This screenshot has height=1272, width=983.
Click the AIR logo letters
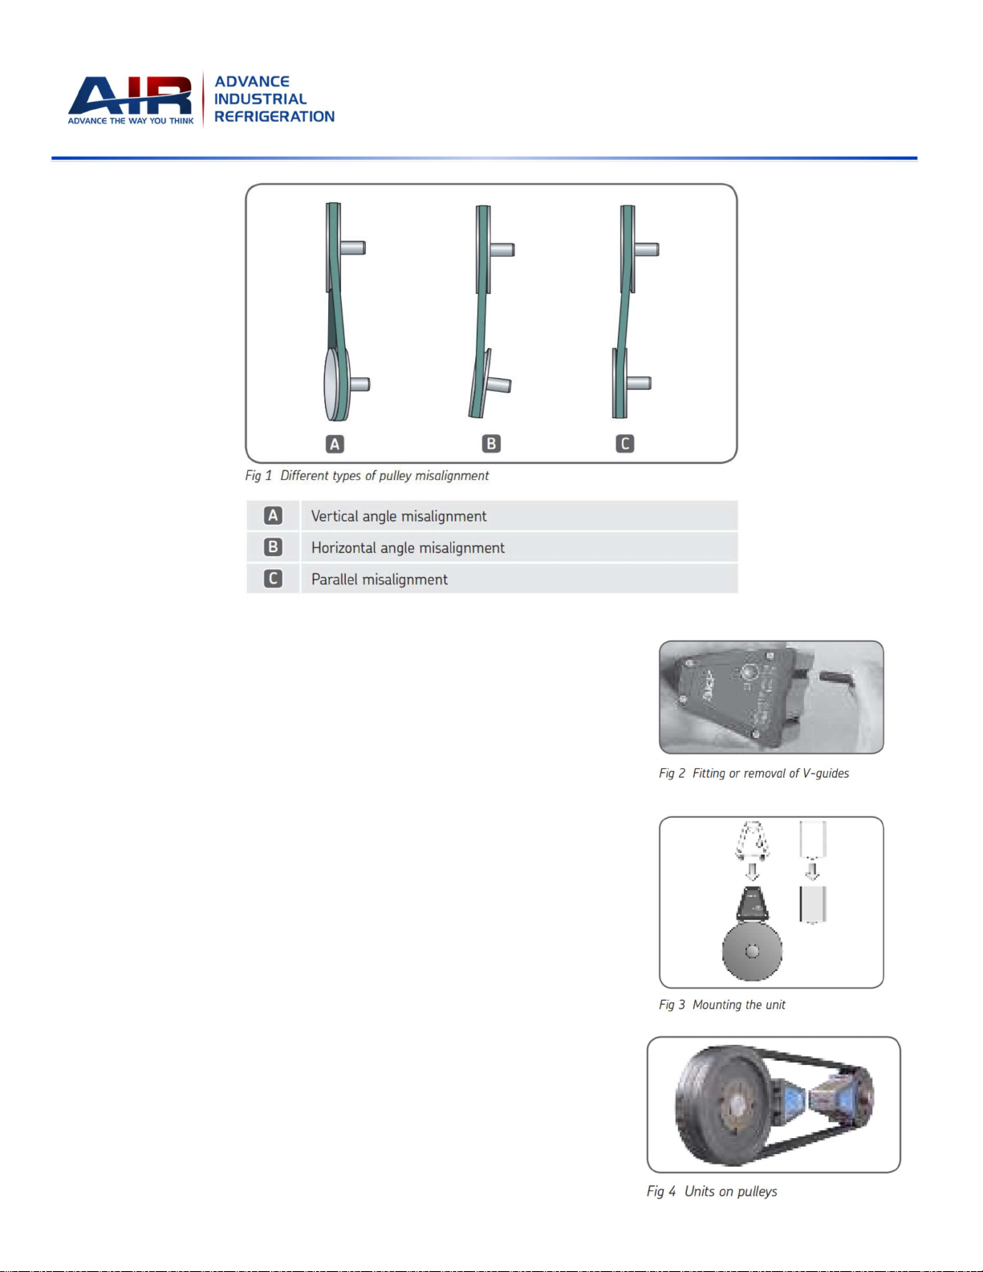[x=130, y=96]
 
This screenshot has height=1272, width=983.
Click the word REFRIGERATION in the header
[x=274, y=116]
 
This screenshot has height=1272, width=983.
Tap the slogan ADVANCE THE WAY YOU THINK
[x=131, y=121]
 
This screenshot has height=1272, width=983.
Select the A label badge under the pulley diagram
[x=335, y=444]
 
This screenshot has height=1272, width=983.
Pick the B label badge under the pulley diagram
[x=491, y=444]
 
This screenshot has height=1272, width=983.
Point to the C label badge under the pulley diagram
[x=625, y=444]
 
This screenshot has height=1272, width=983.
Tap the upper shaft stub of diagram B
[x=502, y=250]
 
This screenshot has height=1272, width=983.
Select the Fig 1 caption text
[x=367, y=476]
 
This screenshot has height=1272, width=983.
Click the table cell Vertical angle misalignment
[x=399, y=516]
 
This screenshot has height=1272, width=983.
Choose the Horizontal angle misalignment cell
[x=408, y=548]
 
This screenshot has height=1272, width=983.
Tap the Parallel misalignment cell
[x=379, y=579]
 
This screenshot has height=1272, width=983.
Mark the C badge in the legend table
[x=273, y=579]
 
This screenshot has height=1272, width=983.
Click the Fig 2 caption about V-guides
[x=753, y=774]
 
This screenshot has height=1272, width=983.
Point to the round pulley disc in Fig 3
[x=752, y=951]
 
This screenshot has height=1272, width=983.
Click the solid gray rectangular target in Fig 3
[x=813, y=904]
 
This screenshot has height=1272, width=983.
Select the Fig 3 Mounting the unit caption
[x=722, y=1005]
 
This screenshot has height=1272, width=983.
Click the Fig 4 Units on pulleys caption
[x=712, y=1191]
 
